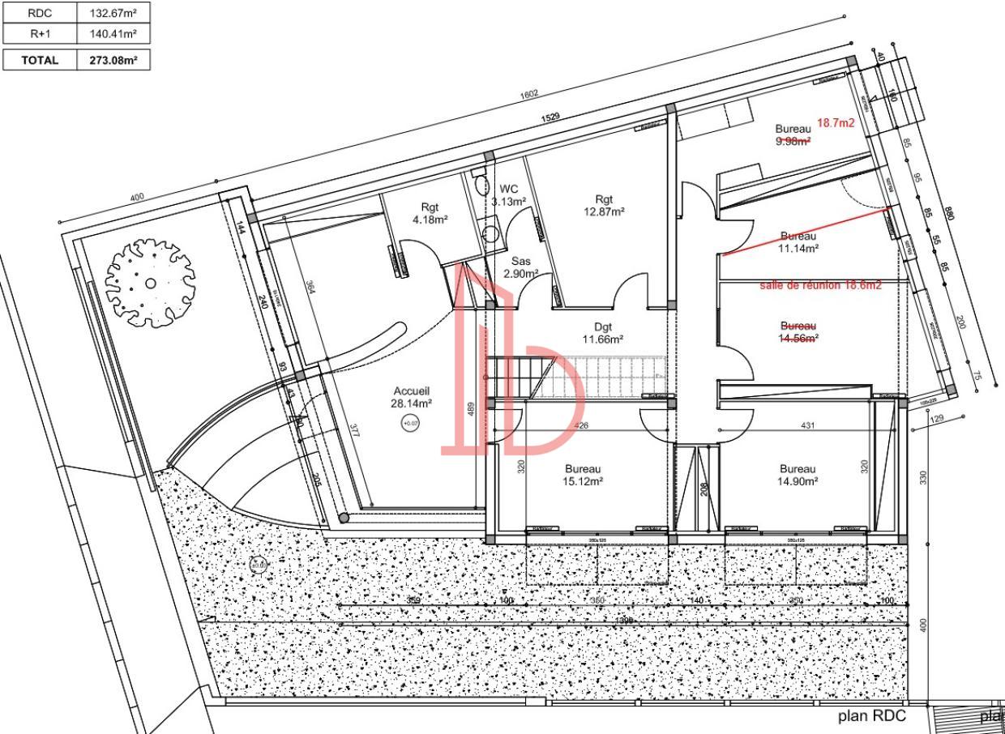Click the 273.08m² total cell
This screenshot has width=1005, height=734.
[x=113, y=60]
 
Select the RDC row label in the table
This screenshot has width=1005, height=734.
[x=40, y=13]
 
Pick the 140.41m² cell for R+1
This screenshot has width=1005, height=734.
[x=113, y=34]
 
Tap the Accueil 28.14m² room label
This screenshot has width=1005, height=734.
[x=413, y=396]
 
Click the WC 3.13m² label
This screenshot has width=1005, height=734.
[x=508, y=195]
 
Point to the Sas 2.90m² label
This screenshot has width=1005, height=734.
[x=520, y=267]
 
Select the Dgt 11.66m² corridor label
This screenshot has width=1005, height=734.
[x=602, y=333]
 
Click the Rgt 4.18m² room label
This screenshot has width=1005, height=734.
[x=430, y=213]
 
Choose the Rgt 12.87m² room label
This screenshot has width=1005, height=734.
[x=604, y=205]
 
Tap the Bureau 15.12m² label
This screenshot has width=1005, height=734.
[x=583, y=475]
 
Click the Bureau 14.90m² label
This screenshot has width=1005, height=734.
[x=798, y=475]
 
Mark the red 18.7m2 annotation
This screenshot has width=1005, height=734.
[x=836, y=123]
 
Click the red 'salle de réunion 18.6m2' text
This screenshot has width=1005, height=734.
[x=820, y=286]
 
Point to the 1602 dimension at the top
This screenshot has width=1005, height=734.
[x=528, y=94]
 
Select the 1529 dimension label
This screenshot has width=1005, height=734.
[x=550, y=118]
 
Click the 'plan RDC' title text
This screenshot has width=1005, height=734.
[x=871, y=716]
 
